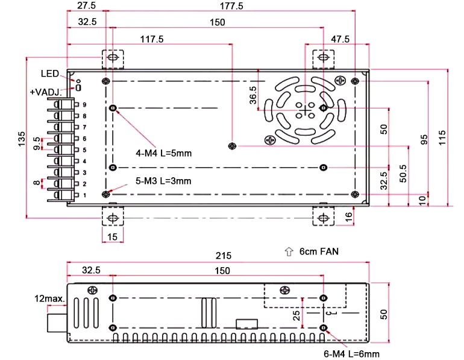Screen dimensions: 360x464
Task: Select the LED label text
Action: coord(49,74)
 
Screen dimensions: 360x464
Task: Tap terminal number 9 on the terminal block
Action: coord(85,105)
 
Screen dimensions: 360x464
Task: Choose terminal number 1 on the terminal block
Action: coord(85,195)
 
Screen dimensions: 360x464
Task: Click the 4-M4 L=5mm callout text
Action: coord(163,153)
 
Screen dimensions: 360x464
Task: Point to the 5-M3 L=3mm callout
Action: coord(163,181)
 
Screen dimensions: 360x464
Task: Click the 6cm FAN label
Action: coord(316,252)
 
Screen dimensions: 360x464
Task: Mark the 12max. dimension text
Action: coord(48,298)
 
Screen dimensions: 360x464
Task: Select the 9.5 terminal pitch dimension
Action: coord(37,144)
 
